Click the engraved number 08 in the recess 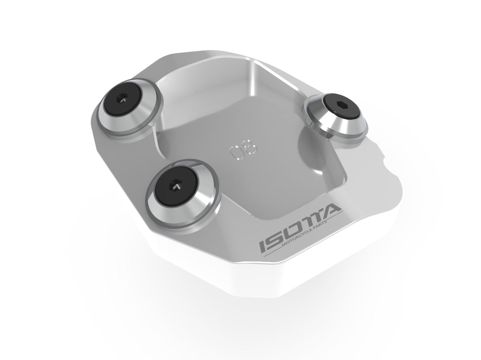(x=243, y=153)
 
